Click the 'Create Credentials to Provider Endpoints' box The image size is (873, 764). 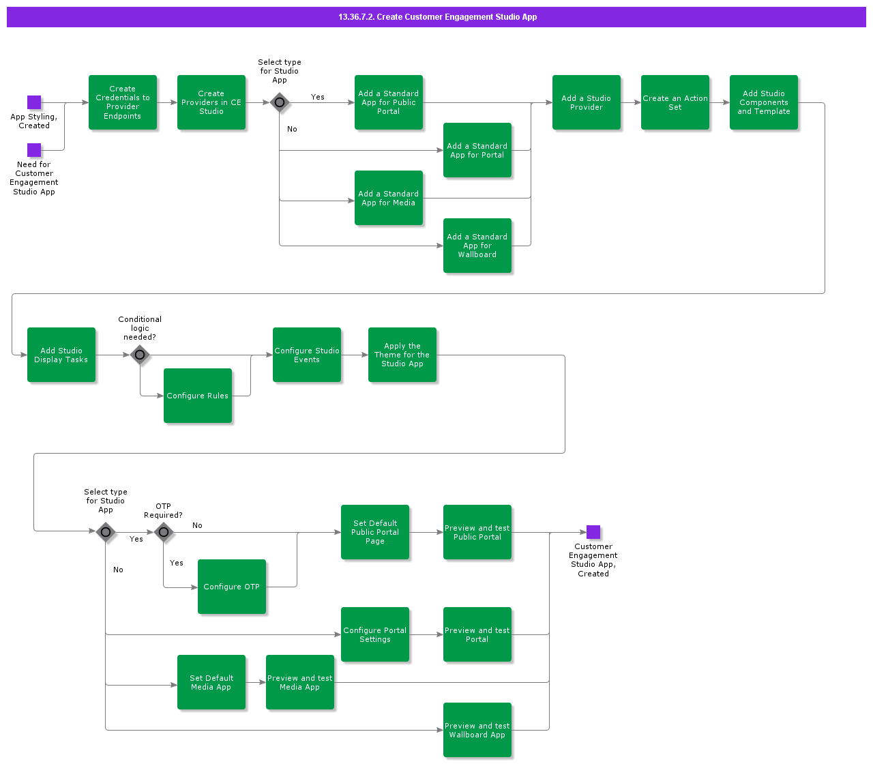(x=123, y=102)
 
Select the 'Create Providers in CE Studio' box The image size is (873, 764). (x=211, y=102)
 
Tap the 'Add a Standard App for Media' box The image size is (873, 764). (x=389, y=198)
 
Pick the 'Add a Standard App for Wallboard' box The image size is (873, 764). (x=477, y=246)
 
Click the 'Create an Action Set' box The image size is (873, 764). (x=675, y=102)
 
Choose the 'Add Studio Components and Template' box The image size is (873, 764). (x=764, y=102)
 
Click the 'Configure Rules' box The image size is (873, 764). (x=198, y=396)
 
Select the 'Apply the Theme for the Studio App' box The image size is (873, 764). (x=402, y=355)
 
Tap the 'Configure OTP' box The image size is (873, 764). (x=232, y=587)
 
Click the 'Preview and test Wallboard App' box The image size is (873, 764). (x=477, y=730)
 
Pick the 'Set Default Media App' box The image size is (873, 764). (x=211, y=682)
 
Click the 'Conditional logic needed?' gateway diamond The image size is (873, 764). (x=140, y=355)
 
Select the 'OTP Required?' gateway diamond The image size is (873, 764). (x=164, y=532)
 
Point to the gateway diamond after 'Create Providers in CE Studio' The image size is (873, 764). (x=280, y=102)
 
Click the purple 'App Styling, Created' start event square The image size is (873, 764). (x=34, y=102)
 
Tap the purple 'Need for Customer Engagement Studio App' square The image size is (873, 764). (x=34, y=150)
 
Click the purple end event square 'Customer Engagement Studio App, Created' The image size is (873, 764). (x=593, y=532)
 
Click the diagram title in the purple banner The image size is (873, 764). (x=437, y=17)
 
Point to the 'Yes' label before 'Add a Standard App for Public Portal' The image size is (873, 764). (x=318, y=97)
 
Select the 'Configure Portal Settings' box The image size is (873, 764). (x=375, y=634)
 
